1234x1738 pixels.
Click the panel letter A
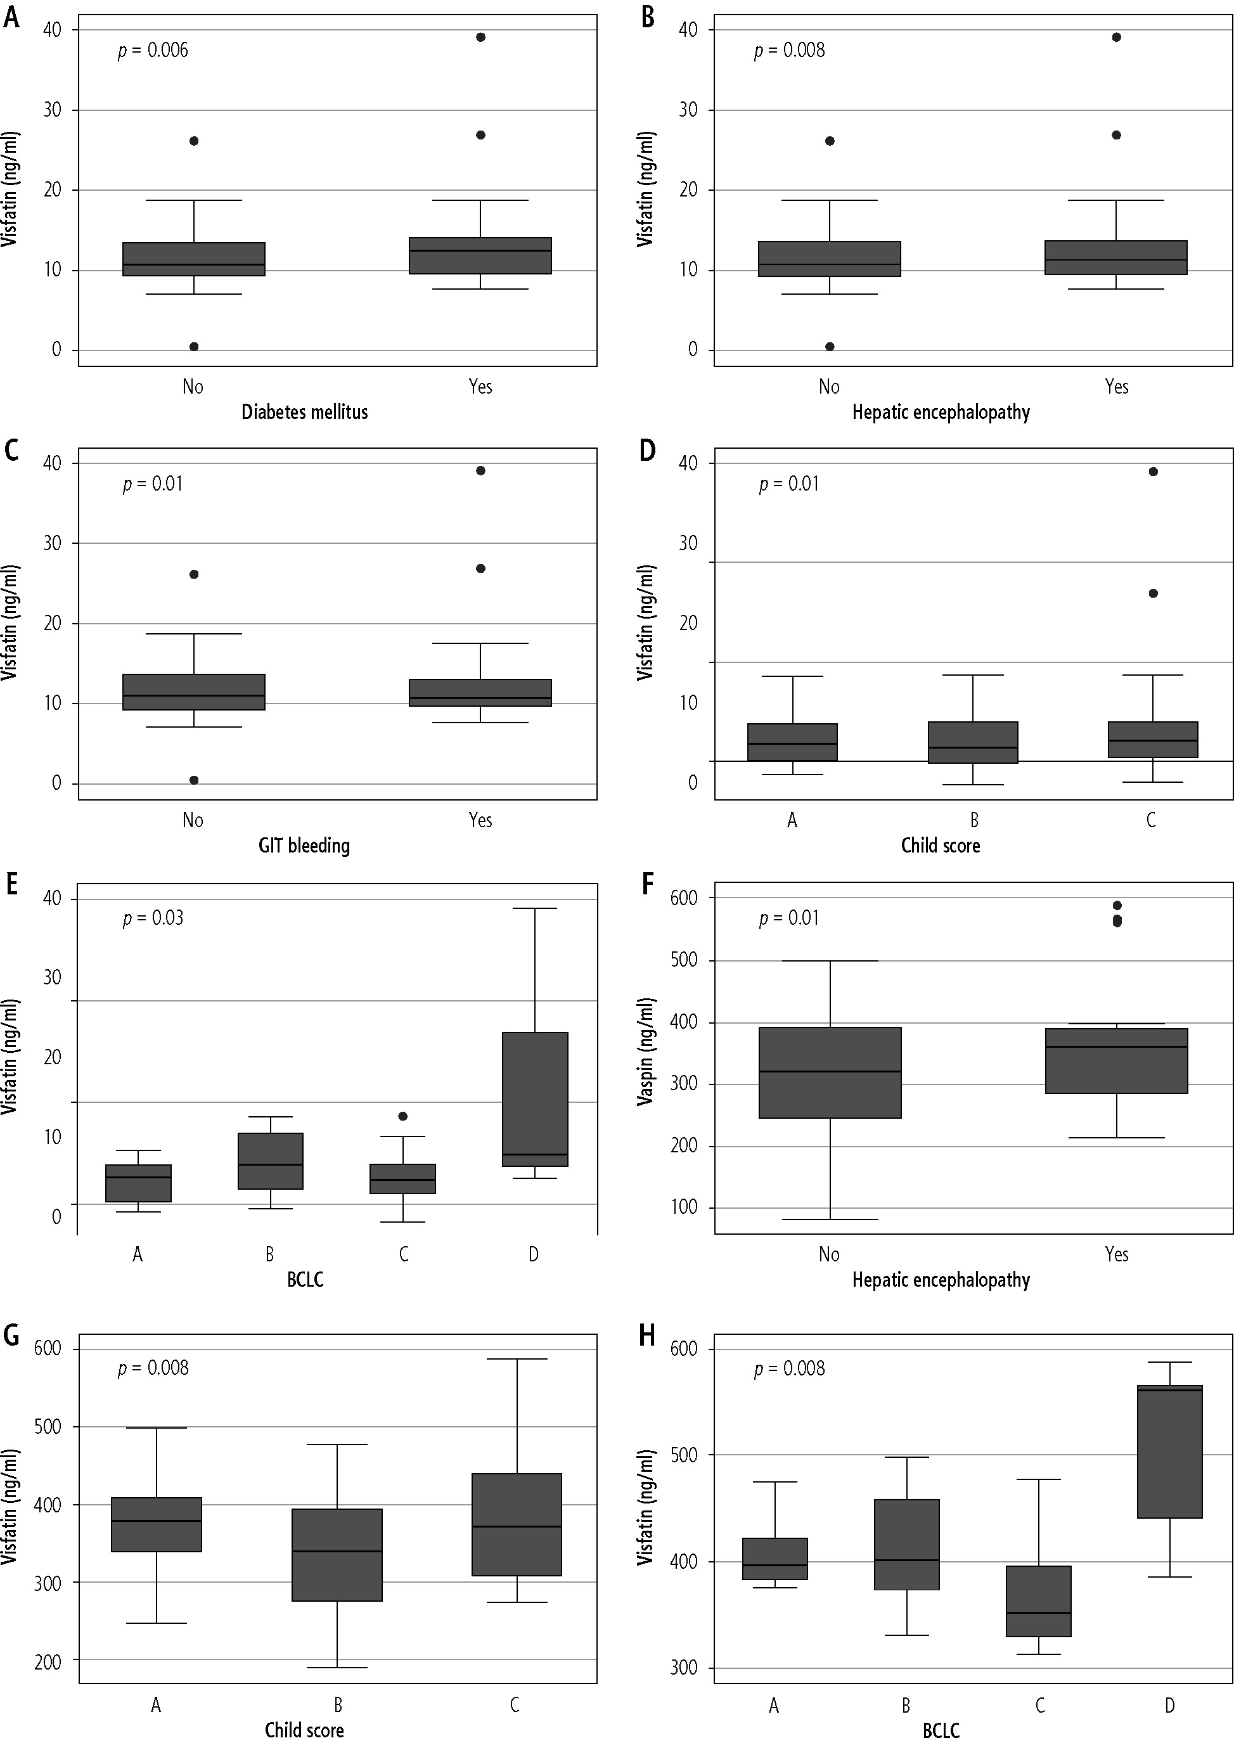[x=11, y=16]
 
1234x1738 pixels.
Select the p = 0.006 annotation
[x=153, y=51]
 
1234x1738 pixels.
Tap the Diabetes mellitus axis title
[x=305, y=412]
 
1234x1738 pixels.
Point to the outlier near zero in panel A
[x=194, y=347]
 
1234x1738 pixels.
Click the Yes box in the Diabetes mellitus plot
[x=480, y=255]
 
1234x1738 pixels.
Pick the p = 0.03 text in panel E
[x=153, y=918]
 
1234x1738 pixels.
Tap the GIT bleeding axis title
[x=304, y=846]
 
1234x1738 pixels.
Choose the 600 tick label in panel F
[x=684, y=898]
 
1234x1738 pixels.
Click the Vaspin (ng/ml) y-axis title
[x=646, y=1052]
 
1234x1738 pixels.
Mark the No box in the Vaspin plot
[x=830, y=1072]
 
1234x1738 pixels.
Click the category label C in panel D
[x=1151, y=821]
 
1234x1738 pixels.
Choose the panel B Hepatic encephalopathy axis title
[x=941, y=412]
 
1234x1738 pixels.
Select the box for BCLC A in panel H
[x=774, y=1559]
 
